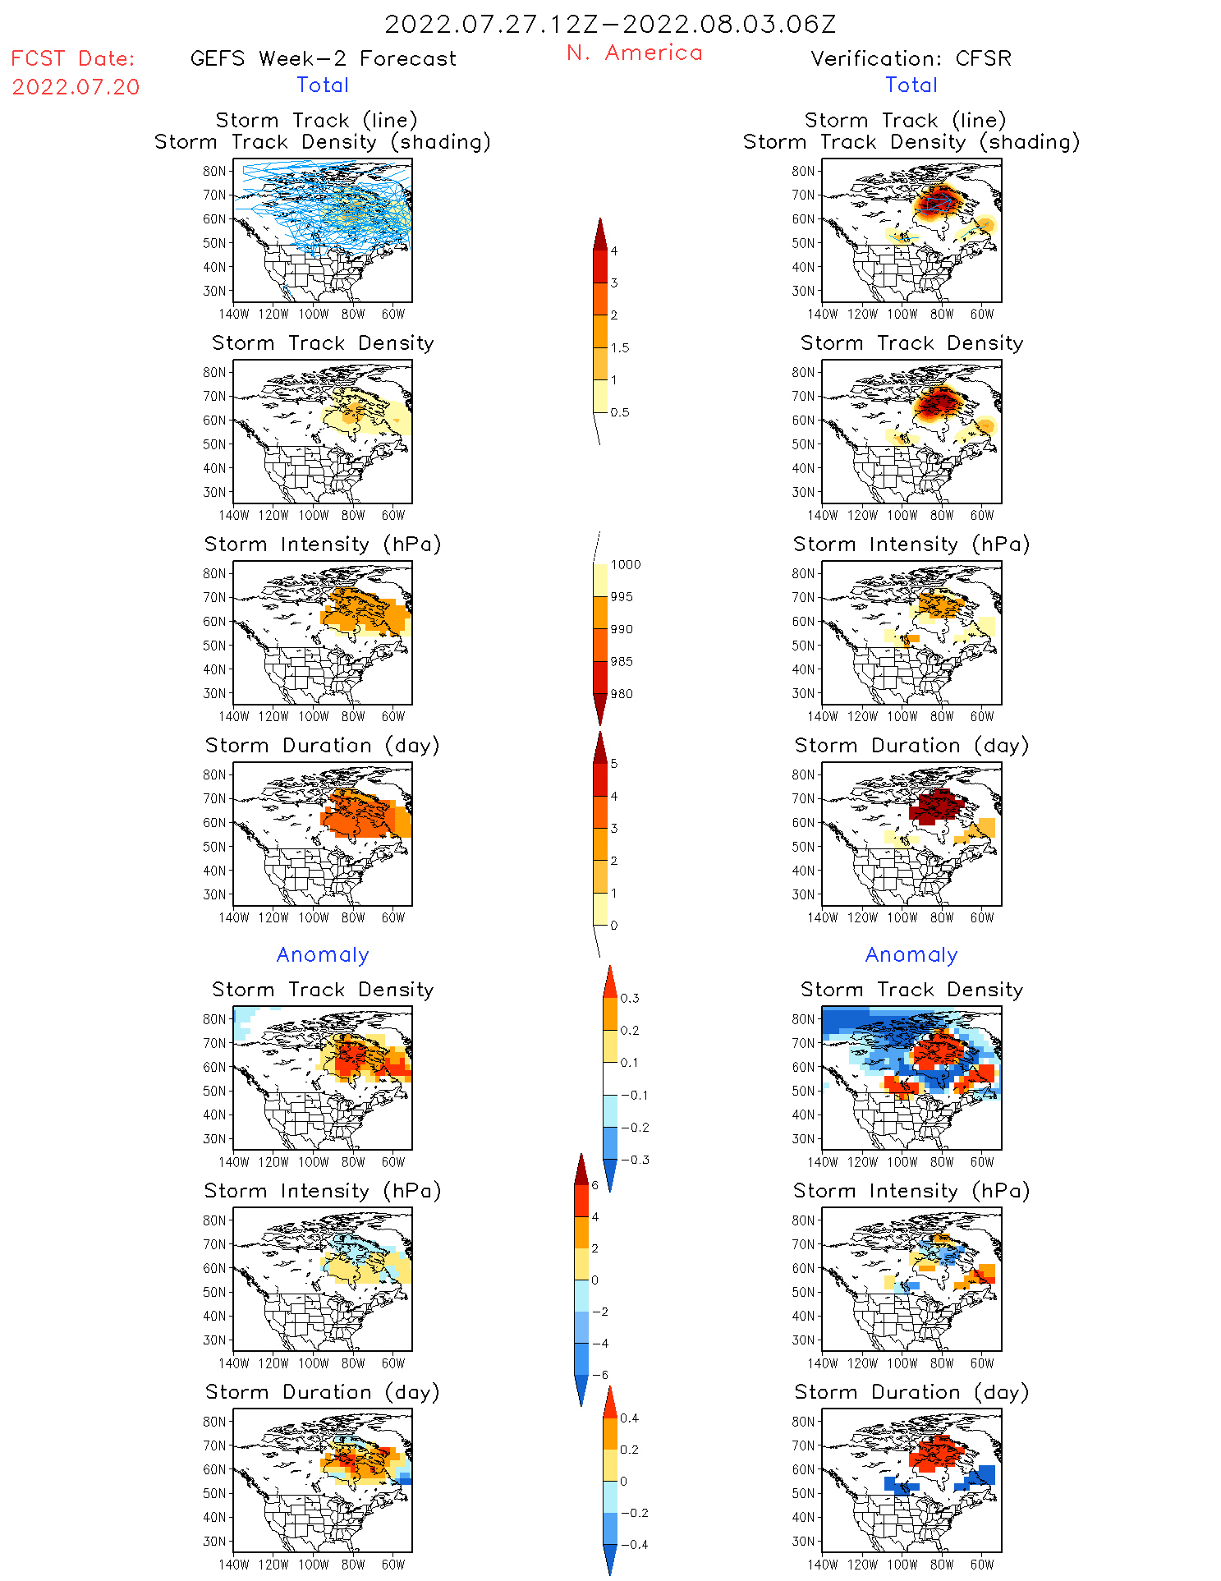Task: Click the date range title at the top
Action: click(610, 24)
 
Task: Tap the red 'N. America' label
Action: click(634, 53)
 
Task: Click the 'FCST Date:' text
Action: click(72, 58)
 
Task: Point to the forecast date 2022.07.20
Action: click(76, 87)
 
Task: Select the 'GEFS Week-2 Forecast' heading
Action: click(323, 58)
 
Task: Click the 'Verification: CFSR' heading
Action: click(911, 58)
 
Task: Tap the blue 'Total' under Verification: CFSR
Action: click(911, 85)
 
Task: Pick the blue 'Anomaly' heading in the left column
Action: click(323, 954)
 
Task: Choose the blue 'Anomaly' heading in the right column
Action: click(911, 954)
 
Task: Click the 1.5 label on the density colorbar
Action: click(620, 347)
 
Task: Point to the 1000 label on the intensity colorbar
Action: click(625, 564)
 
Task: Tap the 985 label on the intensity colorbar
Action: click(622, 661)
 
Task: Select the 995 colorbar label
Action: click(622, 597)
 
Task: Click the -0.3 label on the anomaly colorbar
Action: click(635, 1160)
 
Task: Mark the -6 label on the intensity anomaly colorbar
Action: click(600, 1375)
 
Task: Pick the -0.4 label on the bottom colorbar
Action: click(634, 1544)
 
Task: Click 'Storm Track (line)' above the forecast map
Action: click(316, 120)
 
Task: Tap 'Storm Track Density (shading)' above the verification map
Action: click(911, 141)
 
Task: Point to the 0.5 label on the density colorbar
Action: click(620, 412)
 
